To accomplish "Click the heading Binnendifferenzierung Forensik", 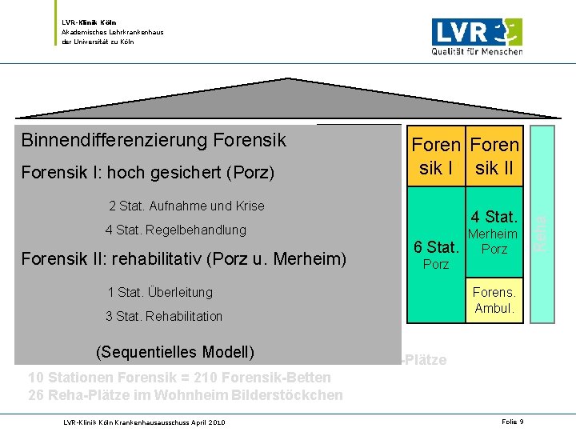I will pos(154,141).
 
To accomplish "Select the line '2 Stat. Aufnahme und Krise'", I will pos(186,206).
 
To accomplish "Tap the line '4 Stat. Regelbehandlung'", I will pos(175,230).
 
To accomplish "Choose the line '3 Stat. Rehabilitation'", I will pos(164,316).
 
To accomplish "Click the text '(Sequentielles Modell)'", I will pos(174,353).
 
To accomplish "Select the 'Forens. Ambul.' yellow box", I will pos(494,300).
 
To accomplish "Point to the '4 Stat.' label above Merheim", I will pos(494,217).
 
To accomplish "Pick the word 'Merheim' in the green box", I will pos(493,234).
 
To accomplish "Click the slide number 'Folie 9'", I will pos(512,421).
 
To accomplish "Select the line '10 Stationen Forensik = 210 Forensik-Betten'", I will pos(179,378).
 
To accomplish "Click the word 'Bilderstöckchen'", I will pos(294,394).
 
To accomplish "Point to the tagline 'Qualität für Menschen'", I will pos(478,51).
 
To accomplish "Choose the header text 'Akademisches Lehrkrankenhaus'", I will pos(112,32).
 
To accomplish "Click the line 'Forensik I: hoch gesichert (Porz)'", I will pos(148,172).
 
